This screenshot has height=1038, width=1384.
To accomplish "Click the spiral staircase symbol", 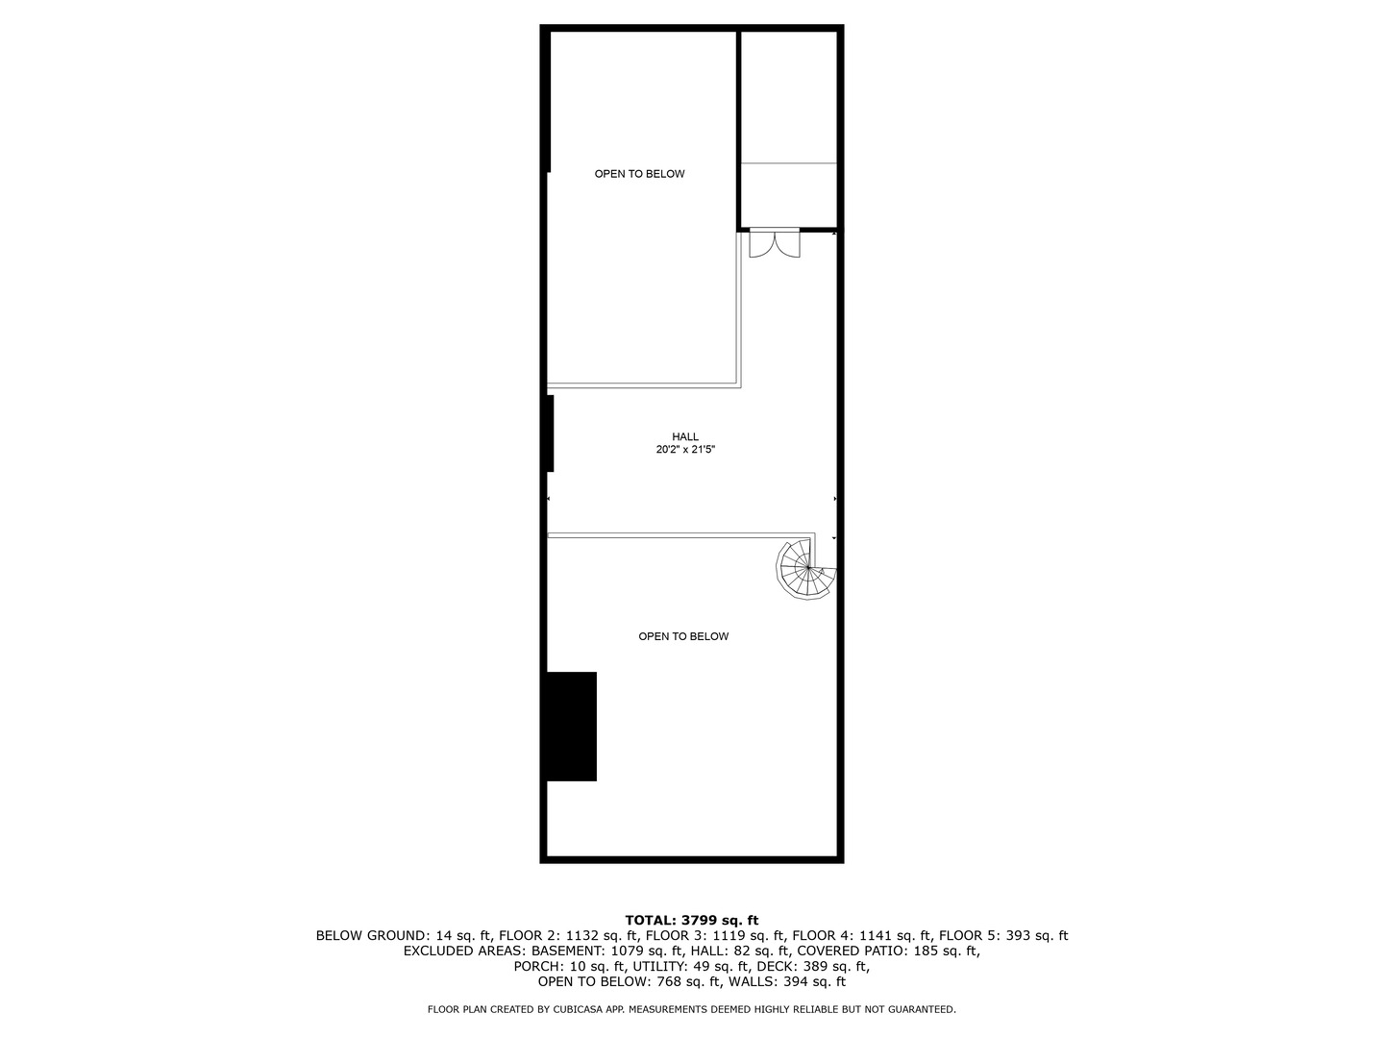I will click(806, 570).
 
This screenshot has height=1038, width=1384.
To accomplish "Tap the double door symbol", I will click(774, 243).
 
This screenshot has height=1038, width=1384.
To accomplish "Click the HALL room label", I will click(685, 436).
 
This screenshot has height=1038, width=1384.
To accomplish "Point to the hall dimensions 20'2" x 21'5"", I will click(685, 450).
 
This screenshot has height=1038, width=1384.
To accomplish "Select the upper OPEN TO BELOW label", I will click(639, 174).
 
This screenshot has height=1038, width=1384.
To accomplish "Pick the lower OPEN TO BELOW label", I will click(683, 636).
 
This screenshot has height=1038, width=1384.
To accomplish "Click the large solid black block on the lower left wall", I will click(572, 726).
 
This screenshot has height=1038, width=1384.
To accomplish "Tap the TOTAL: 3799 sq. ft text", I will click(692, 920).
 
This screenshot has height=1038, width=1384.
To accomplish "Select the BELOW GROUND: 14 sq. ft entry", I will click(404, 935).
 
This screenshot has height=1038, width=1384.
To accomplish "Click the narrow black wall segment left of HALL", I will click(550, 433).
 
